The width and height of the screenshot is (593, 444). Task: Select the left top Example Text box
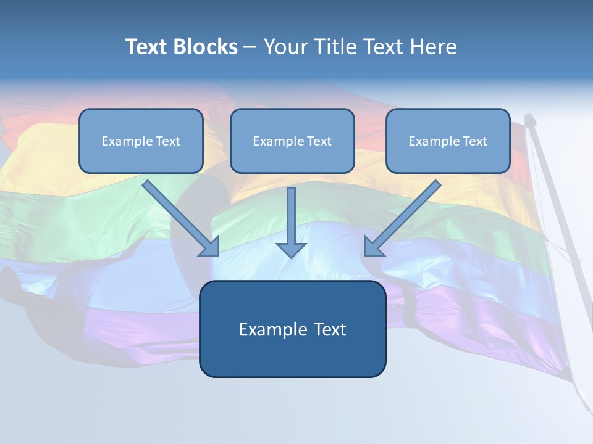tap(141, 141)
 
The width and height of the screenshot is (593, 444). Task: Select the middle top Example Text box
tap(292, 141)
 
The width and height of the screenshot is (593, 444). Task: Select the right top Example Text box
tap(448, 141)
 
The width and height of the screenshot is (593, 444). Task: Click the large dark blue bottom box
tap(292, 329)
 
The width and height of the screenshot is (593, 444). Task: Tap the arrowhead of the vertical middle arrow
tap(291, 250)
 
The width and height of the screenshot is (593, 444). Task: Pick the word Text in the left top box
tap(168, 141)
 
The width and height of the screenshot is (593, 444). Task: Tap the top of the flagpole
tap(529, 118)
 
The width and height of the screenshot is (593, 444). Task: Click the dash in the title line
tap(250, 47)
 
